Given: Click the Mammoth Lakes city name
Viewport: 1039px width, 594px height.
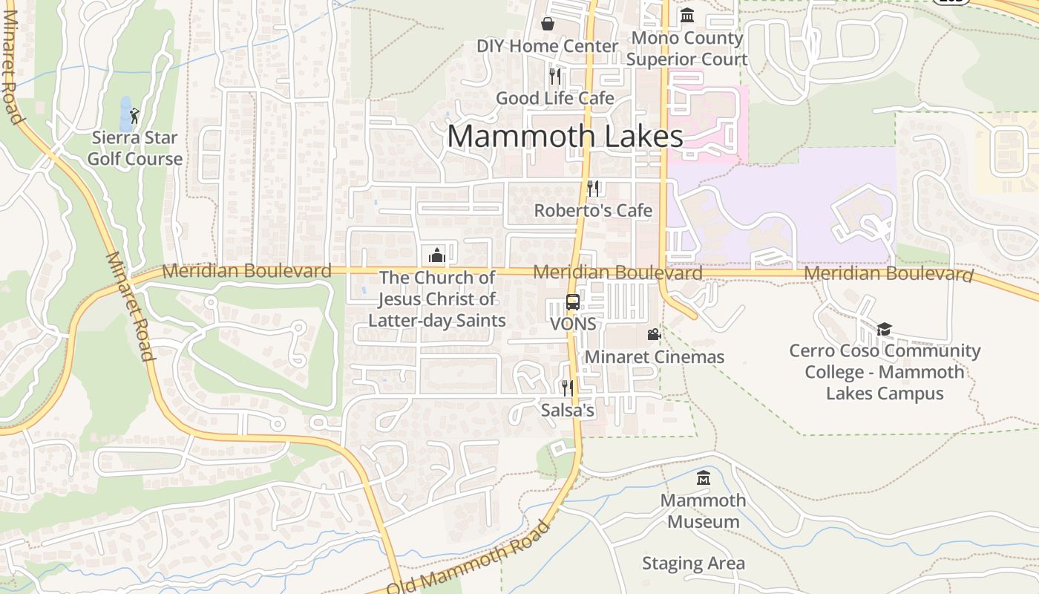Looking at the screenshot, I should (565, 137).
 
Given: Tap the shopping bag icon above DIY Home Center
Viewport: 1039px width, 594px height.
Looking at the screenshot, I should (548, 24).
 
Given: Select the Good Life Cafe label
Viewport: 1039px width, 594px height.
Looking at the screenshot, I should (554, 98).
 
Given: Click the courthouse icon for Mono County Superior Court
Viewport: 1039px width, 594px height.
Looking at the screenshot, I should (687, 15).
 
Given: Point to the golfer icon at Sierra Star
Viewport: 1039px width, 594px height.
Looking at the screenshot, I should (134, 116).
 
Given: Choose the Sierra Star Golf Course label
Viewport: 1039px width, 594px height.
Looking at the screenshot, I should (134, 148).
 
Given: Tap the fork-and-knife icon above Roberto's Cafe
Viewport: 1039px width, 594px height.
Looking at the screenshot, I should (593, 188).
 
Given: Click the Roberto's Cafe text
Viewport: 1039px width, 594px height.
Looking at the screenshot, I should (593, 211).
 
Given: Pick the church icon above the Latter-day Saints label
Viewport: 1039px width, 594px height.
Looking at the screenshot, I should (437, 255).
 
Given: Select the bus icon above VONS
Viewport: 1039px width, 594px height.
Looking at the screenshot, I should (573, 301).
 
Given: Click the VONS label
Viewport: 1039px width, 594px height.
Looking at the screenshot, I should (573, 324).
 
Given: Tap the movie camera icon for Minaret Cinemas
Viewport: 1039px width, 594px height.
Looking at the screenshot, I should (654, 335).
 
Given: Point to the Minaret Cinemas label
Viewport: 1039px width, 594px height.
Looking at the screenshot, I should (654, 357).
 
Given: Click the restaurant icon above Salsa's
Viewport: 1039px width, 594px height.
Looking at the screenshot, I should (568, 388).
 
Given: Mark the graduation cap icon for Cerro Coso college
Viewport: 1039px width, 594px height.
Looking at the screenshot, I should (884, 329).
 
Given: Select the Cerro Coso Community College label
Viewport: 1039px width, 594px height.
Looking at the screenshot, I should (885, 372).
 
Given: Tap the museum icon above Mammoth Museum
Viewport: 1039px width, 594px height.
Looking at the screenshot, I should (704, 478).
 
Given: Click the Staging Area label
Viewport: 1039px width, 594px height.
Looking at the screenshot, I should (693, 564).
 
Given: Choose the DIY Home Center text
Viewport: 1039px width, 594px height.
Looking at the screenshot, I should (547, 46).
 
